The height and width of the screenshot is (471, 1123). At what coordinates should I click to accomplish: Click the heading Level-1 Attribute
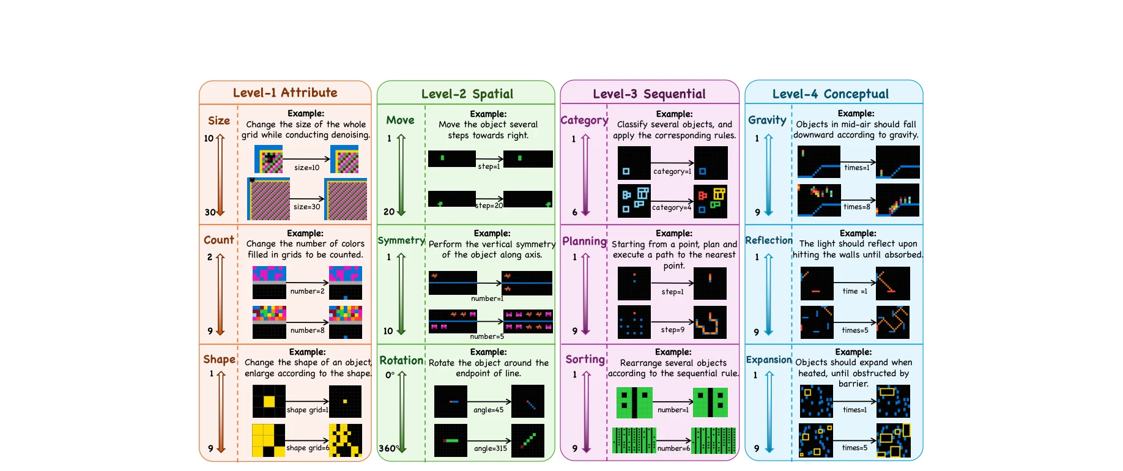pos(285,92)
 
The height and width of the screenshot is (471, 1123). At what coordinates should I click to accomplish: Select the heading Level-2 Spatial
pos(467,94)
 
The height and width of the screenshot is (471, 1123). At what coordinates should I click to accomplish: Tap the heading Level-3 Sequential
pos(649,94)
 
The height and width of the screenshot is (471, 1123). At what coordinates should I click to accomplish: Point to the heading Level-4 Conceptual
pos(830,94)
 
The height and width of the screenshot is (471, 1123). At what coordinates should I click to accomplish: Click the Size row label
pos(218,121)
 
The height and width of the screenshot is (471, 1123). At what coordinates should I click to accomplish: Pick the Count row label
pos(218,240)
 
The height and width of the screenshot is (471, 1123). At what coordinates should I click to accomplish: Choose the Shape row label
pos(219,359)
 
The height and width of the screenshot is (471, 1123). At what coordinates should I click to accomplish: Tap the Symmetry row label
pos(401,240)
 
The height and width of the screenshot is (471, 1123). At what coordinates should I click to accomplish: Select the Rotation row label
pos(401,360)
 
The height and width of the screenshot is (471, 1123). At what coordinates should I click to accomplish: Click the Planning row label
pos(584,241)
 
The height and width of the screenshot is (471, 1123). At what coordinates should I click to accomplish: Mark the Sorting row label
pos(585,359)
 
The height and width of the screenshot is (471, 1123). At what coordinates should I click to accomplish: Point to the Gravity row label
pos(767,120)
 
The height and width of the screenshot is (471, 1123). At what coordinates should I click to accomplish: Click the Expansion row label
pos(768,360)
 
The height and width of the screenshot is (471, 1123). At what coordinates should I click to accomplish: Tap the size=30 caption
pos(306,207)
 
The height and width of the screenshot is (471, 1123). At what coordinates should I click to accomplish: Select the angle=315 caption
pos(490,448)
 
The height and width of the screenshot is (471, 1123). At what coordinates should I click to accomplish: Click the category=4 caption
pos(671,207)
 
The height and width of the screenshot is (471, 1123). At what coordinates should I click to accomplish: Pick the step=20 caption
pos(489,206)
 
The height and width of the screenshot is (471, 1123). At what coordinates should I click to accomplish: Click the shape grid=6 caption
pos(308,448)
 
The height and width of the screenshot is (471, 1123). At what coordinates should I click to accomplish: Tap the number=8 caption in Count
pos(307,330)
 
